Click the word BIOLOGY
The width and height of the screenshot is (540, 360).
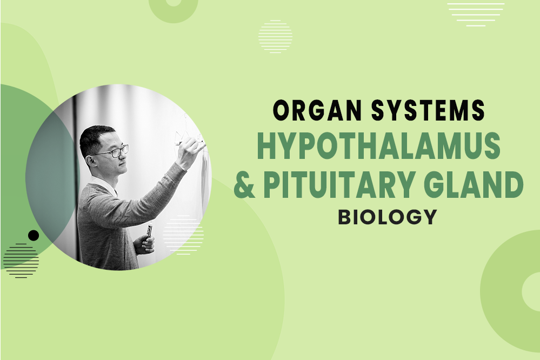click(x=387, y=216)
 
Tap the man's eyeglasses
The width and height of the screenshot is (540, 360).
click(x=117, y=152)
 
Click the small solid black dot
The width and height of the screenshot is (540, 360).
click(x=34, y=235)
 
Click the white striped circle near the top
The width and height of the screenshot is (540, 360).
click(x=275, y=36)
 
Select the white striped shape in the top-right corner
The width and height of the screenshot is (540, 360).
click(x=476, y=14)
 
